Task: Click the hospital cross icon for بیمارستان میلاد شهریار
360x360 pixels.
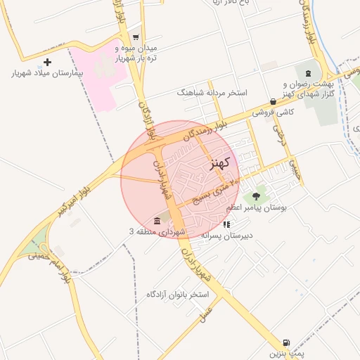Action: pyautogui.click(x=48, y=63)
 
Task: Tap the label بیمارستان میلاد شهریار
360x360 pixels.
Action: pyautogui.click(x=48, y=73)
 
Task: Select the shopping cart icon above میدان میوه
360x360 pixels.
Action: pyautogui.click(x=136, y=38)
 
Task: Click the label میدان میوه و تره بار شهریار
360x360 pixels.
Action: pyautogui.click(x=136, y=52)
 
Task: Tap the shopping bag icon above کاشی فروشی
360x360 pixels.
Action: pyautogui.click(x=273, y=101)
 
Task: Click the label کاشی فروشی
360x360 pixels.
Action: pyautogui.click(x=274, y=112)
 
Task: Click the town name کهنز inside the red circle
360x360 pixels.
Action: pyautogui.click(x=220, y=163)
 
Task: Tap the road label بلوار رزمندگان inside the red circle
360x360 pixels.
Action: pyautogui.click(x=206, y=129)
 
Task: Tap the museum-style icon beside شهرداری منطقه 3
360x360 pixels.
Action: pyautogui.click(x=155, y=221)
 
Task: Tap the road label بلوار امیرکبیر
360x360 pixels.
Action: pyautogui.click(x=73, y=200)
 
